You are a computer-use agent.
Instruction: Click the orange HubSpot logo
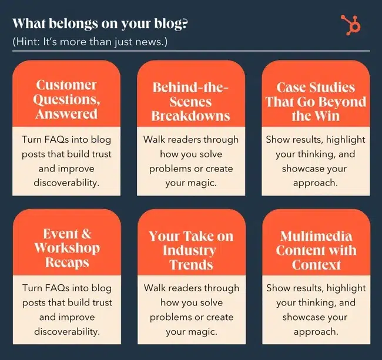[x=351, y=25]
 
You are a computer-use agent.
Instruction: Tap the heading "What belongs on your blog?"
[x=100, y=23]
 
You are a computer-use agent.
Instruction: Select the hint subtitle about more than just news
[x=90, y=42]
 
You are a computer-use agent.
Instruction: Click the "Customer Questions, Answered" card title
[x=66, y=99]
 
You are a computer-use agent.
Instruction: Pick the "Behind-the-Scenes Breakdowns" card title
[x=191, y=102]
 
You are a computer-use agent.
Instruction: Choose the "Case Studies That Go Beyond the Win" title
[x=316, y=102]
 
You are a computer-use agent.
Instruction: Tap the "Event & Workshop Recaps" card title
[x=67, y=248]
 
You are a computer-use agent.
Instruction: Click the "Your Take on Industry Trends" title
[x=191, y=250]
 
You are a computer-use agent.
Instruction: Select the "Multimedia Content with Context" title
[x=316, y=250]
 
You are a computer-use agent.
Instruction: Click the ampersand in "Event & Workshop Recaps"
[x=86, y=234]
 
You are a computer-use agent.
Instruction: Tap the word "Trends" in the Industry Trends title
[x=191, y=265]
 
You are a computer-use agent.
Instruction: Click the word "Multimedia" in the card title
[x=316, y=236]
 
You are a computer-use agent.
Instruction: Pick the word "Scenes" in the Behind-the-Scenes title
[x=190, y=102]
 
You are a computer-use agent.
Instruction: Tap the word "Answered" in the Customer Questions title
[x=66, y=114]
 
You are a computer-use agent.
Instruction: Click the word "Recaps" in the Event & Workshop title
[x=67, y=263]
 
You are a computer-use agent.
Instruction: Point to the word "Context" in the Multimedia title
[x=316, y=265]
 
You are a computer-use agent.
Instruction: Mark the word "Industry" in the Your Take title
[x=189, y=250]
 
